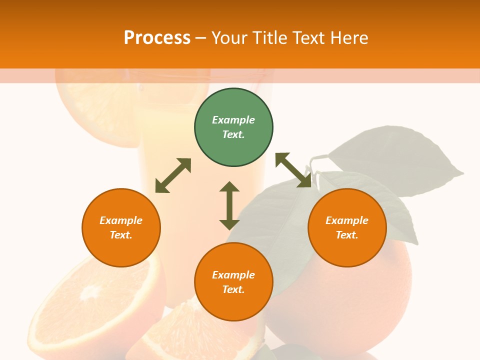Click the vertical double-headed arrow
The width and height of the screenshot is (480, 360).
pos(229,205)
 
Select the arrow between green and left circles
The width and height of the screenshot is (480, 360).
pos(173,175)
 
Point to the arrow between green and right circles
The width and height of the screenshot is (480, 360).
pos(293,170)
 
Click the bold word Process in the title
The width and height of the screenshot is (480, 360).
pos(157,37)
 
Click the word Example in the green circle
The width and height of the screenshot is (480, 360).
pos(233,120)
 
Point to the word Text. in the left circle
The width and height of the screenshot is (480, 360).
pos(121,235)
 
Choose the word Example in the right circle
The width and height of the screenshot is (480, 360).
pos(347,220)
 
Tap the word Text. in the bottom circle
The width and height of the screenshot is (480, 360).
pos(233,289)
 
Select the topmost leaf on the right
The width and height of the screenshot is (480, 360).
pos(400,155)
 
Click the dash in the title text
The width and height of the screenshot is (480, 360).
pos(200,38)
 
